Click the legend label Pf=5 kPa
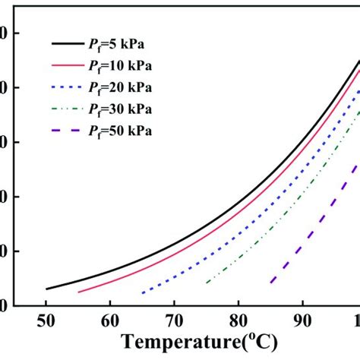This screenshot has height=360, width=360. tap(122, 45)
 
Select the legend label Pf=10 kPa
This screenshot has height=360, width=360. tap(125, 67)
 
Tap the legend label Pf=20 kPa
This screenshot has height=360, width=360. tap(125, 88)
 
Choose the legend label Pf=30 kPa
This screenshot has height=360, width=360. tap(125, 109)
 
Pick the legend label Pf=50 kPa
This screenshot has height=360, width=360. tap(125, 131)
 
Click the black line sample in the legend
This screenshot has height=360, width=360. tap(70, 46)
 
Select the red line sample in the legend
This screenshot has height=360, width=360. tap(70, 67)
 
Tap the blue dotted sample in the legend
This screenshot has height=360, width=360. tap(70, 89)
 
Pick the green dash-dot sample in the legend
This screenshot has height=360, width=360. tap(70, 110)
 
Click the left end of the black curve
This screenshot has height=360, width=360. tap(46, 289)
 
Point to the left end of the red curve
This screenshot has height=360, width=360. tap(78, 292)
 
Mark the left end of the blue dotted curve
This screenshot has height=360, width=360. tap(142, 292)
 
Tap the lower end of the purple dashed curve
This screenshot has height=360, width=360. tap(271, 282)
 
